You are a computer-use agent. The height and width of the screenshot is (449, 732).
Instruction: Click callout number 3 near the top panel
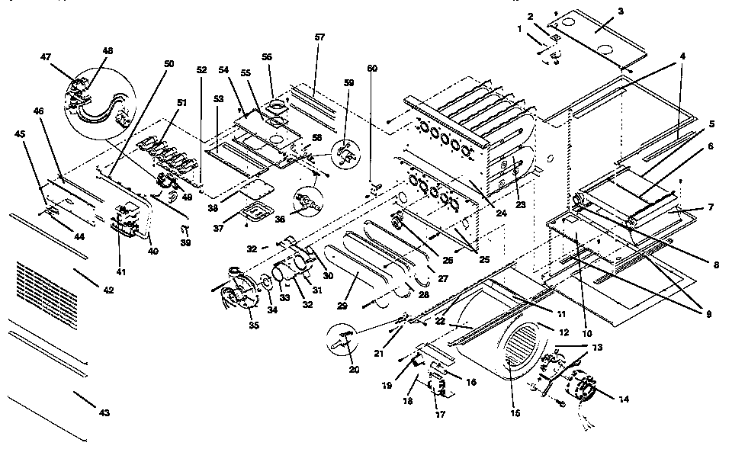point(621,11)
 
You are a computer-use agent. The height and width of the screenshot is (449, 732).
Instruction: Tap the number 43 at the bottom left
point(104,412)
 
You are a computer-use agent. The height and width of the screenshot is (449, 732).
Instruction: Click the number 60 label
point(372,68)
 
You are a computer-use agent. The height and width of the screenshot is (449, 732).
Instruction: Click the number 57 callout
point(319,37)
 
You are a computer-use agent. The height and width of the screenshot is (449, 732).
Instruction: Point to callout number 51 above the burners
point(181,104)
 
